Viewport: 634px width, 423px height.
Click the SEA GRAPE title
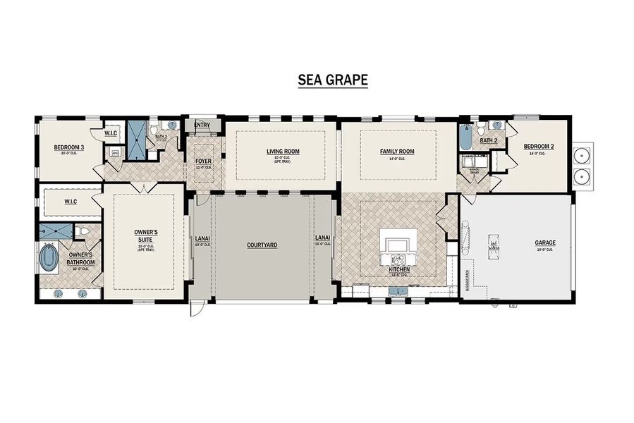pyautogui.click(x=332, y=80)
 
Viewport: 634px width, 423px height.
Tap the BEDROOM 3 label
pyautogui.click(x=69, y=148)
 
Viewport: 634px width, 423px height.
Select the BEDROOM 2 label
pyautogui.click(x=538, y=147)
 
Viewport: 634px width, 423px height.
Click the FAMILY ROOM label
pyautogui.click(x=397, y=152)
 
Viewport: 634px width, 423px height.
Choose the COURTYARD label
pyautogui.click(x=262, y=245)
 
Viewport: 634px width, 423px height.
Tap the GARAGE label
pyautogui.click(x=544, y=243)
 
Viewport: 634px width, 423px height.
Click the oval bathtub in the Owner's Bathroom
pyautogui.click(x=49, y=258)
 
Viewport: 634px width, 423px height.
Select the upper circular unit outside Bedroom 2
pyautogui.click(x=583, y=155)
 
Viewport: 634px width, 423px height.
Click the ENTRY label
pyautogui.click(x=202, y=125)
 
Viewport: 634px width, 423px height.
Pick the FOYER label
pyautogui.click(x=203, y=161)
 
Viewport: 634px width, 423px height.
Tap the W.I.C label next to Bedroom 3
pyautogui.click(x=111, y=133)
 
